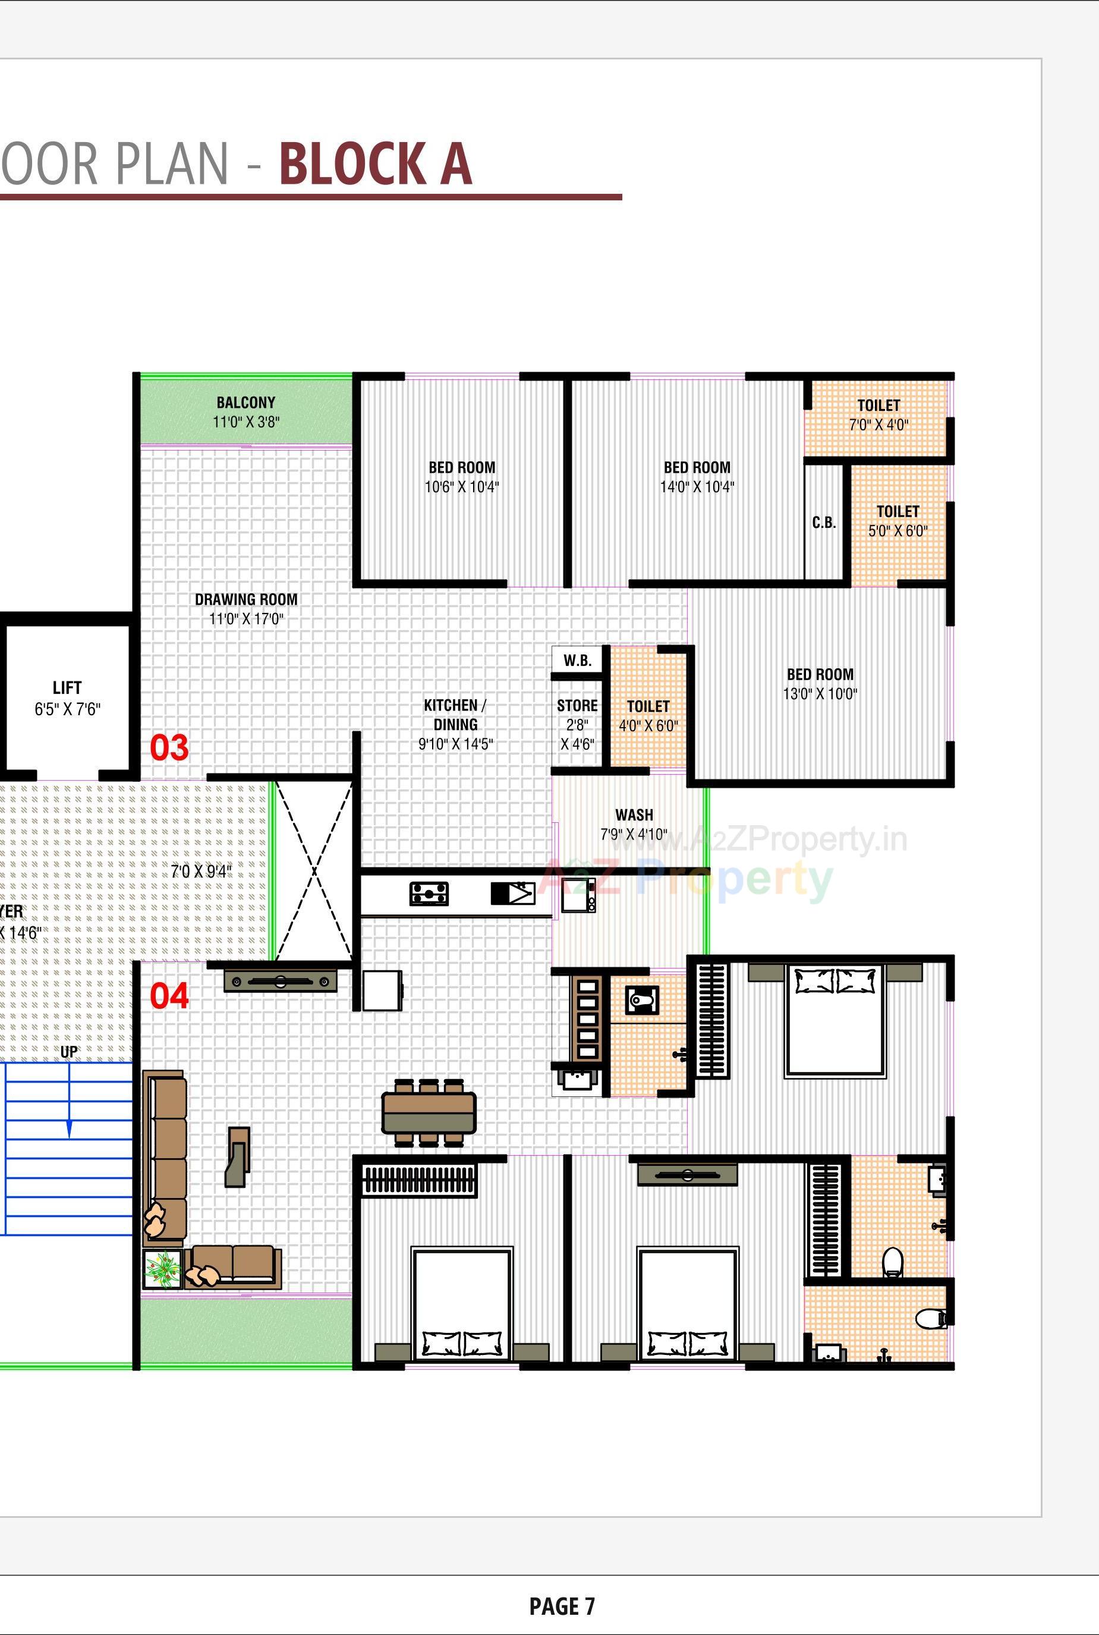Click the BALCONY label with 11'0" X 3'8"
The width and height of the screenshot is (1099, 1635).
(245, 412)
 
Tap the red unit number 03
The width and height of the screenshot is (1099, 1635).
(169, 748)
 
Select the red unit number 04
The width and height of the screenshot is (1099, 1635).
(169, 996)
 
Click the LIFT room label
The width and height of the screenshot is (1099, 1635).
(67, 697)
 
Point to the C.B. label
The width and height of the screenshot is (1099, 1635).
(824, 523)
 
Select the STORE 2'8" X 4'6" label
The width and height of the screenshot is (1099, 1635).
(577, 724)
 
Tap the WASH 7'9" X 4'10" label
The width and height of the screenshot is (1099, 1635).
(634, 824)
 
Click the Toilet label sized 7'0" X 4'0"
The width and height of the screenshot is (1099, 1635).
(878, 414)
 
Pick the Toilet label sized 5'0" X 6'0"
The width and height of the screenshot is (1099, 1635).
(897, 521)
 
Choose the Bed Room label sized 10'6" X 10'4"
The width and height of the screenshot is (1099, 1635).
(461, 477)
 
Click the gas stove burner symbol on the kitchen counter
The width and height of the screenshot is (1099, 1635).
(429, 894)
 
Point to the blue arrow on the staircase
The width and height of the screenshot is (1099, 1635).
(69, 1128)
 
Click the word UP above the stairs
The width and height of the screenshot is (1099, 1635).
(69, 1052)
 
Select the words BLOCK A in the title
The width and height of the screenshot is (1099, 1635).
(375, 165)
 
